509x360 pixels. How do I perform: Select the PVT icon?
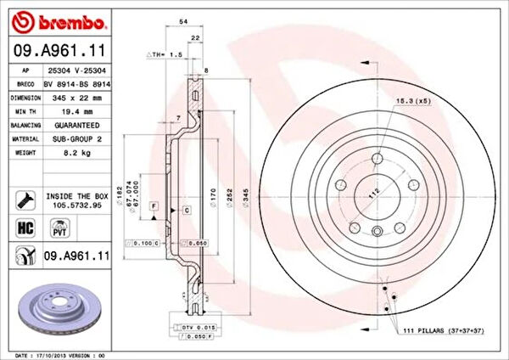click(x=59, y=229)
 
